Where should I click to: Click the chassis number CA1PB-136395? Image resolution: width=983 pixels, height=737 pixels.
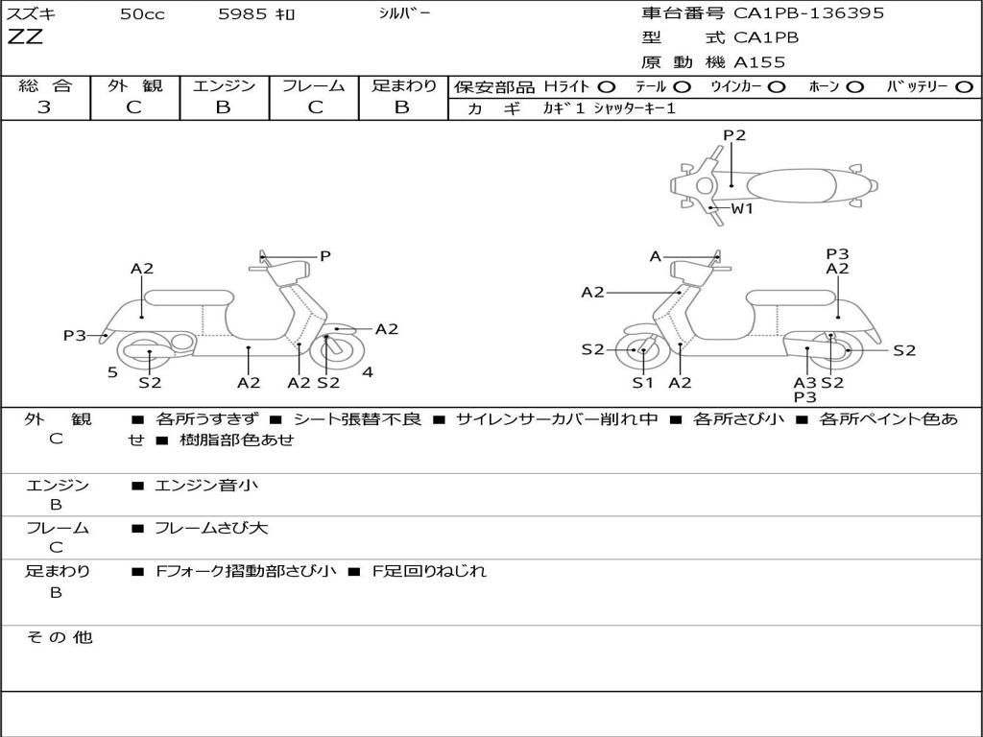pyautogui.click(x=808, y=13)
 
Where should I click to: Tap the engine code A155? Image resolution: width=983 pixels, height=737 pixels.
pyautogui.click(x=759, y=62)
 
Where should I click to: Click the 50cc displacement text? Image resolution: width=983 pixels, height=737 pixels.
pyautogui.click(x=142, y=14)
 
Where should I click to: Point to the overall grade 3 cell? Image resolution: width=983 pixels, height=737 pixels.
pyautogui.click(x=44, y=107)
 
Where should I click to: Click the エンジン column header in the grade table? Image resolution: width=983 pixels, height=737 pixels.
pyautogui.click(x=224, y=86)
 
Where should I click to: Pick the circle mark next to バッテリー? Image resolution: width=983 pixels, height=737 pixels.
pyautogui.click(x=964, y=87)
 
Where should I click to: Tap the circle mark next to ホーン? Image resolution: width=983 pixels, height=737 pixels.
pyautogui.click(x=854, y=87)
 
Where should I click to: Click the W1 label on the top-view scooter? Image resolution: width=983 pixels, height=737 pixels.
pyautogui.click(x=742, y=208)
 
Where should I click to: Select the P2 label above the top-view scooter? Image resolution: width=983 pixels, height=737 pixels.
pyautogui.click(x=734, y=135)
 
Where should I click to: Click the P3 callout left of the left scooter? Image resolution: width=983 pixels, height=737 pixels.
pyautogui.click(x=75, y=336)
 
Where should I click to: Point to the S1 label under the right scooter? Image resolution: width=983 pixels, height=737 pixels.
pyautogui.click(x=642, y=383)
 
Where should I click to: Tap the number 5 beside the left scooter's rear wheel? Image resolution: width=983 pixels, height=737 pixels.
pyautogui.click(x=112, y=372)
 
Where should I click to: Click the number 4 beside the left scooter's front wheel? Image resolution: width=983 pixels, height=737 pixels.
pyautogui.click(x=368, y=372)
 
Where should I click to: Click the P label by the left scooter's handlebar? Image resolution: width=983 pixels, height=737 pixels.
pyautogui.click(x=325, y=256)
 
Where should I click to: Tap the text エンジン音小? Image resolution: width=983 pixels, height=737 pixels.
pyautogui.click(x=206, y=486)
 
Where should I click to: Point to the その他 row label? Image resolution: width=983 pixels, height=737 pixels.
pyautogui.click(x=59, y=637)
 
